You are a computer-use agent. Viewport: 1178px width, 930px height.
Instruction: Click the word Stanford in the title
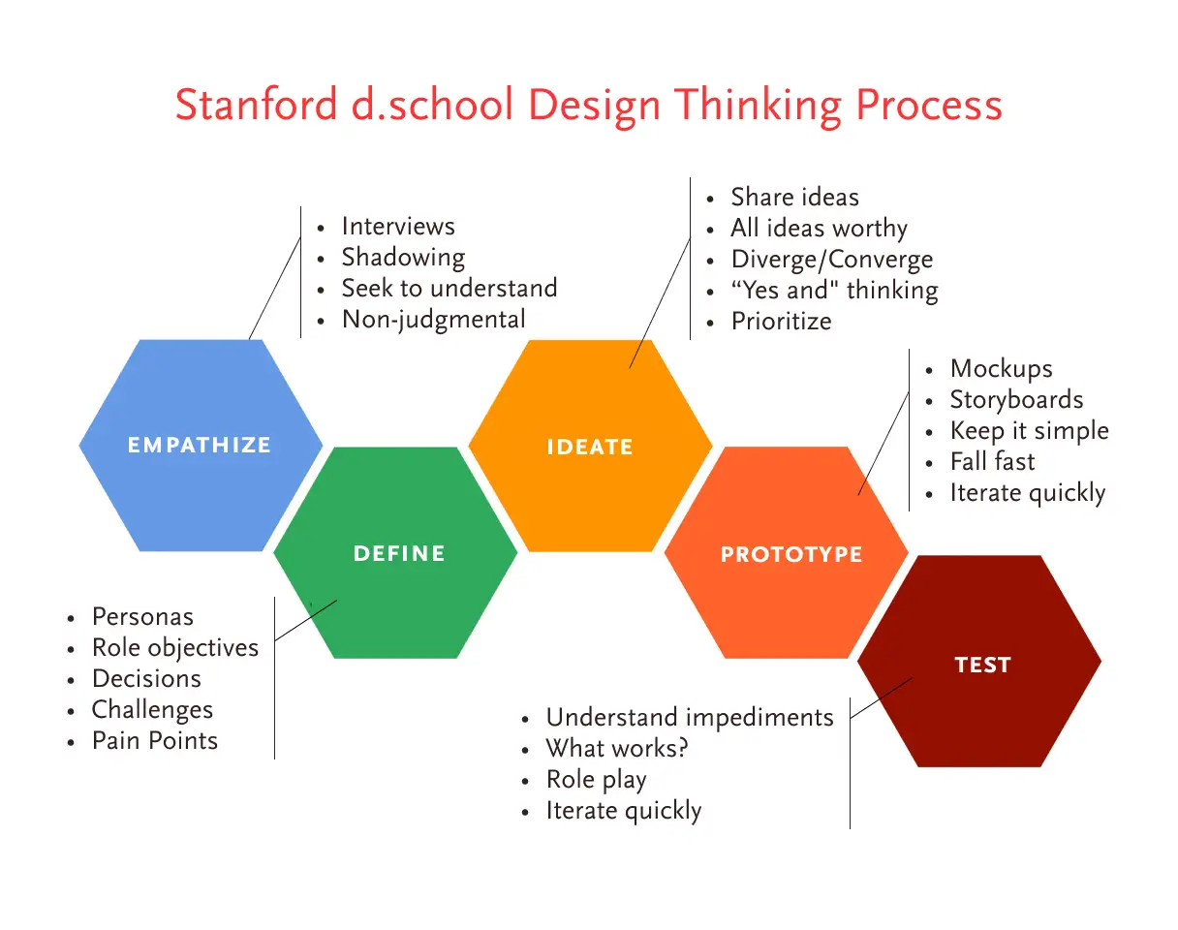coord(256,104)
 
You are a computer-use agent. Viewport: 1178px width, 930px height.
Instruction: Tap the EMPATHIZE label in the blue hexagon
coord(200,445)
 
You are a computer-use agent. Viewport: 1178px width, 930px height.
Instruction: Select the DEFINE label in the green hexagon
coord(399,553)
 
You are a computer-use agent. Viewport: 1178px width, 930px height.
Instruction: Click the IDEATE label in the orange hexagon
coord(590,447)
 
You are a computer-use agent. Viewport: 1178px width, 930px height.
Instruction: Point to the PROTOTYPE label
coord(791,554)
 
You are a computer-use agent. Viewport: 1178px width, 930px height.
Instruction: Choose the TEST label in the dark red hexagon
coord(982,665)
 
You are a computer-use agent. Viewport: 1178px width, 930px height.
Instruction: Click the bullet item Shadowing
coord(403,258)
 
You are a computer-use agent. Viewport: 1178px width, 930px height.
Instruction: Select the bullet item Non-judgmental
coord(434,320)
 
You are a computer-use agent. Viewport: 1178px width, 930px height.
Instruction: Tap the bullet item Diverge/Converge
coord(832,260)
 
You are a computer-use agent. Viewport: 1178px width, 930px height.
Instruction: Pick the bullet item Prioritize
coord(781,322)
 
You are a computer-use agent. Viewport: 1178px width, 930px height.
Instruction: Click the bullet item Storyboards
coord(1016,399)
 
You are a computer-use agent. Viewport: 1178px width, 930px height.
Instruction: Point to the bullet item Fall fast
coord(992,461)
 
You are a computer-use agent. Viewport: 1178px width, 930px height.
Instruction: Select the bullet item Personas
coord(142,617)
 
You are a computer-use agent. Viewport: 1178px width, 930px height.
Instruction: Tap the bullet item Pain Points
coord(155,740)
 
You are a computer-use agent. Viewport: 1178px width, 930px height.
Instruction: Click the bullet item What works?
coord(617,748)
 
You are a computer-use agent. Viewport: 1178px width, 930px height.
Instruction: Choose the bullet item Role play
coord(596,780)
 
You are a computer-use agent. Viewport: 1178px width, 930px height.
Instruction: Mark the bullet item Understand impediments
coord(690,718)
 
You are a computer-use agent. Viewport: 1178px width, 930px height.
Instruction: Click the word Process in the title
coord(929,104)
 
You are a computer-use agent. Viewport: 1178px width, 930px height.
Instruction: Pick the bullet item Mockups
coord(1001,369)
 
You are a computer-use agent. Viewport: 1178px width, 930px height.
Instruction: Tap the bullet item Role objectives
coord(175,648)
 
